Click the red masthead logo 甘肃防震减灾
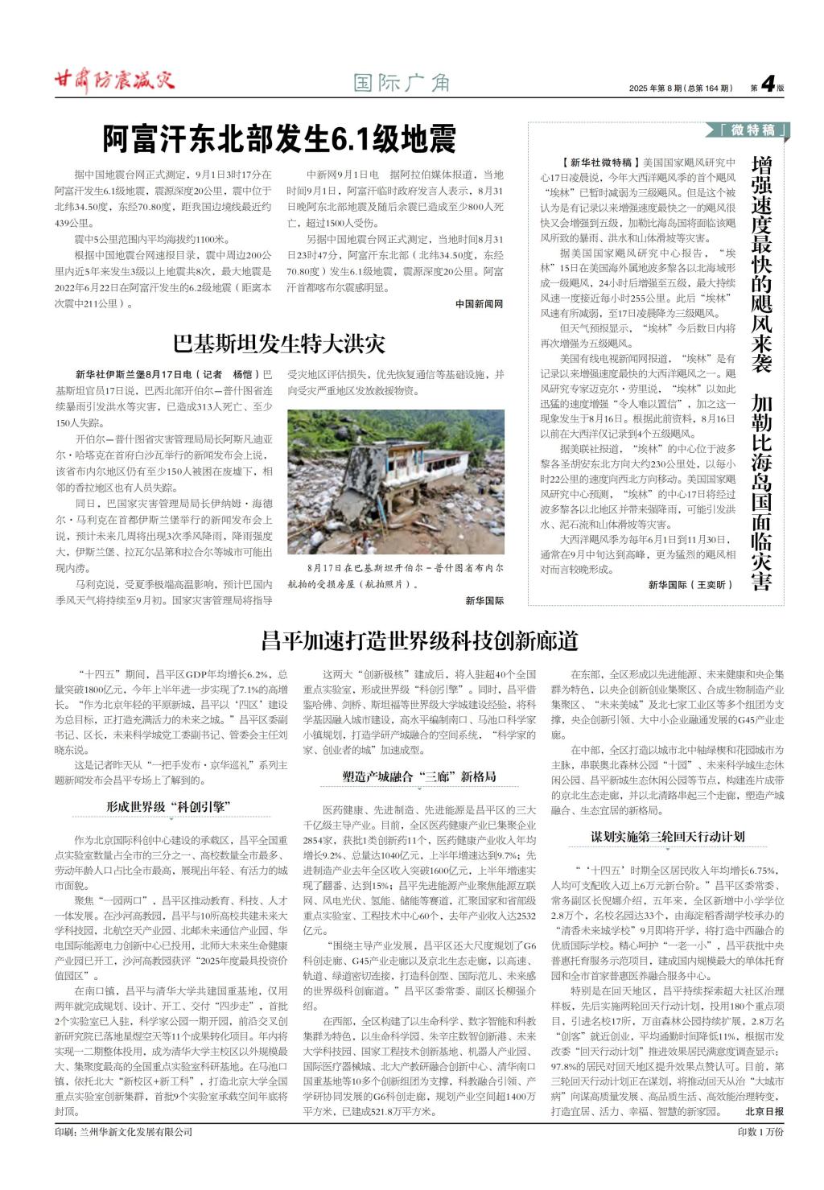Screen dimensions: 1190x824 [x=113, y=80]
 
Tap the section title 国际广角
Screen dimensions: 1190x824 [x=402, y=82]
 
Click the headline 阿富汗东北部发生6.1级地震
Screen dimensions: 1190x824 [x=279, y=138]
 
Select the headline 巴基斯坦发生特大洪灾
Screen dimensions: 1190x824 [x=279, y=344]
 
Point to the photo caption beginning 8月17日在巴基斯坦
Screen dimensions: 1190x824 [x=395, y=575]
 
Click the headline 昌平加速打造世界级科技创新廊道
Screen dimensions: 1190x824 [x=419, y=640]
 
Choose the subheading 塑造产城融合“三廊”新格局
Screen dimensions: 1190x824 [x=418, y=776]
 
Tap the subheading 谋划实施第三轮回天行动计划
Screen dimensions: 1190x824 [x=668, y=837]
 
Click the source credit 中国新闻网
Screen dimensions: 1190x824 [x=479, y=304]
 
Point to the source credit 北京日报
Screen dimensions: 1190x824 [x=764, y=1111]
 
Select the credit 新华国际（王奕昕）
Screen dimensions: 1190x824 [x=690, y=585]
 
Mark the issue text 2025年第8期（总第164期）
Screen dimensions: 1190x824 [x=681, y=88]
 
